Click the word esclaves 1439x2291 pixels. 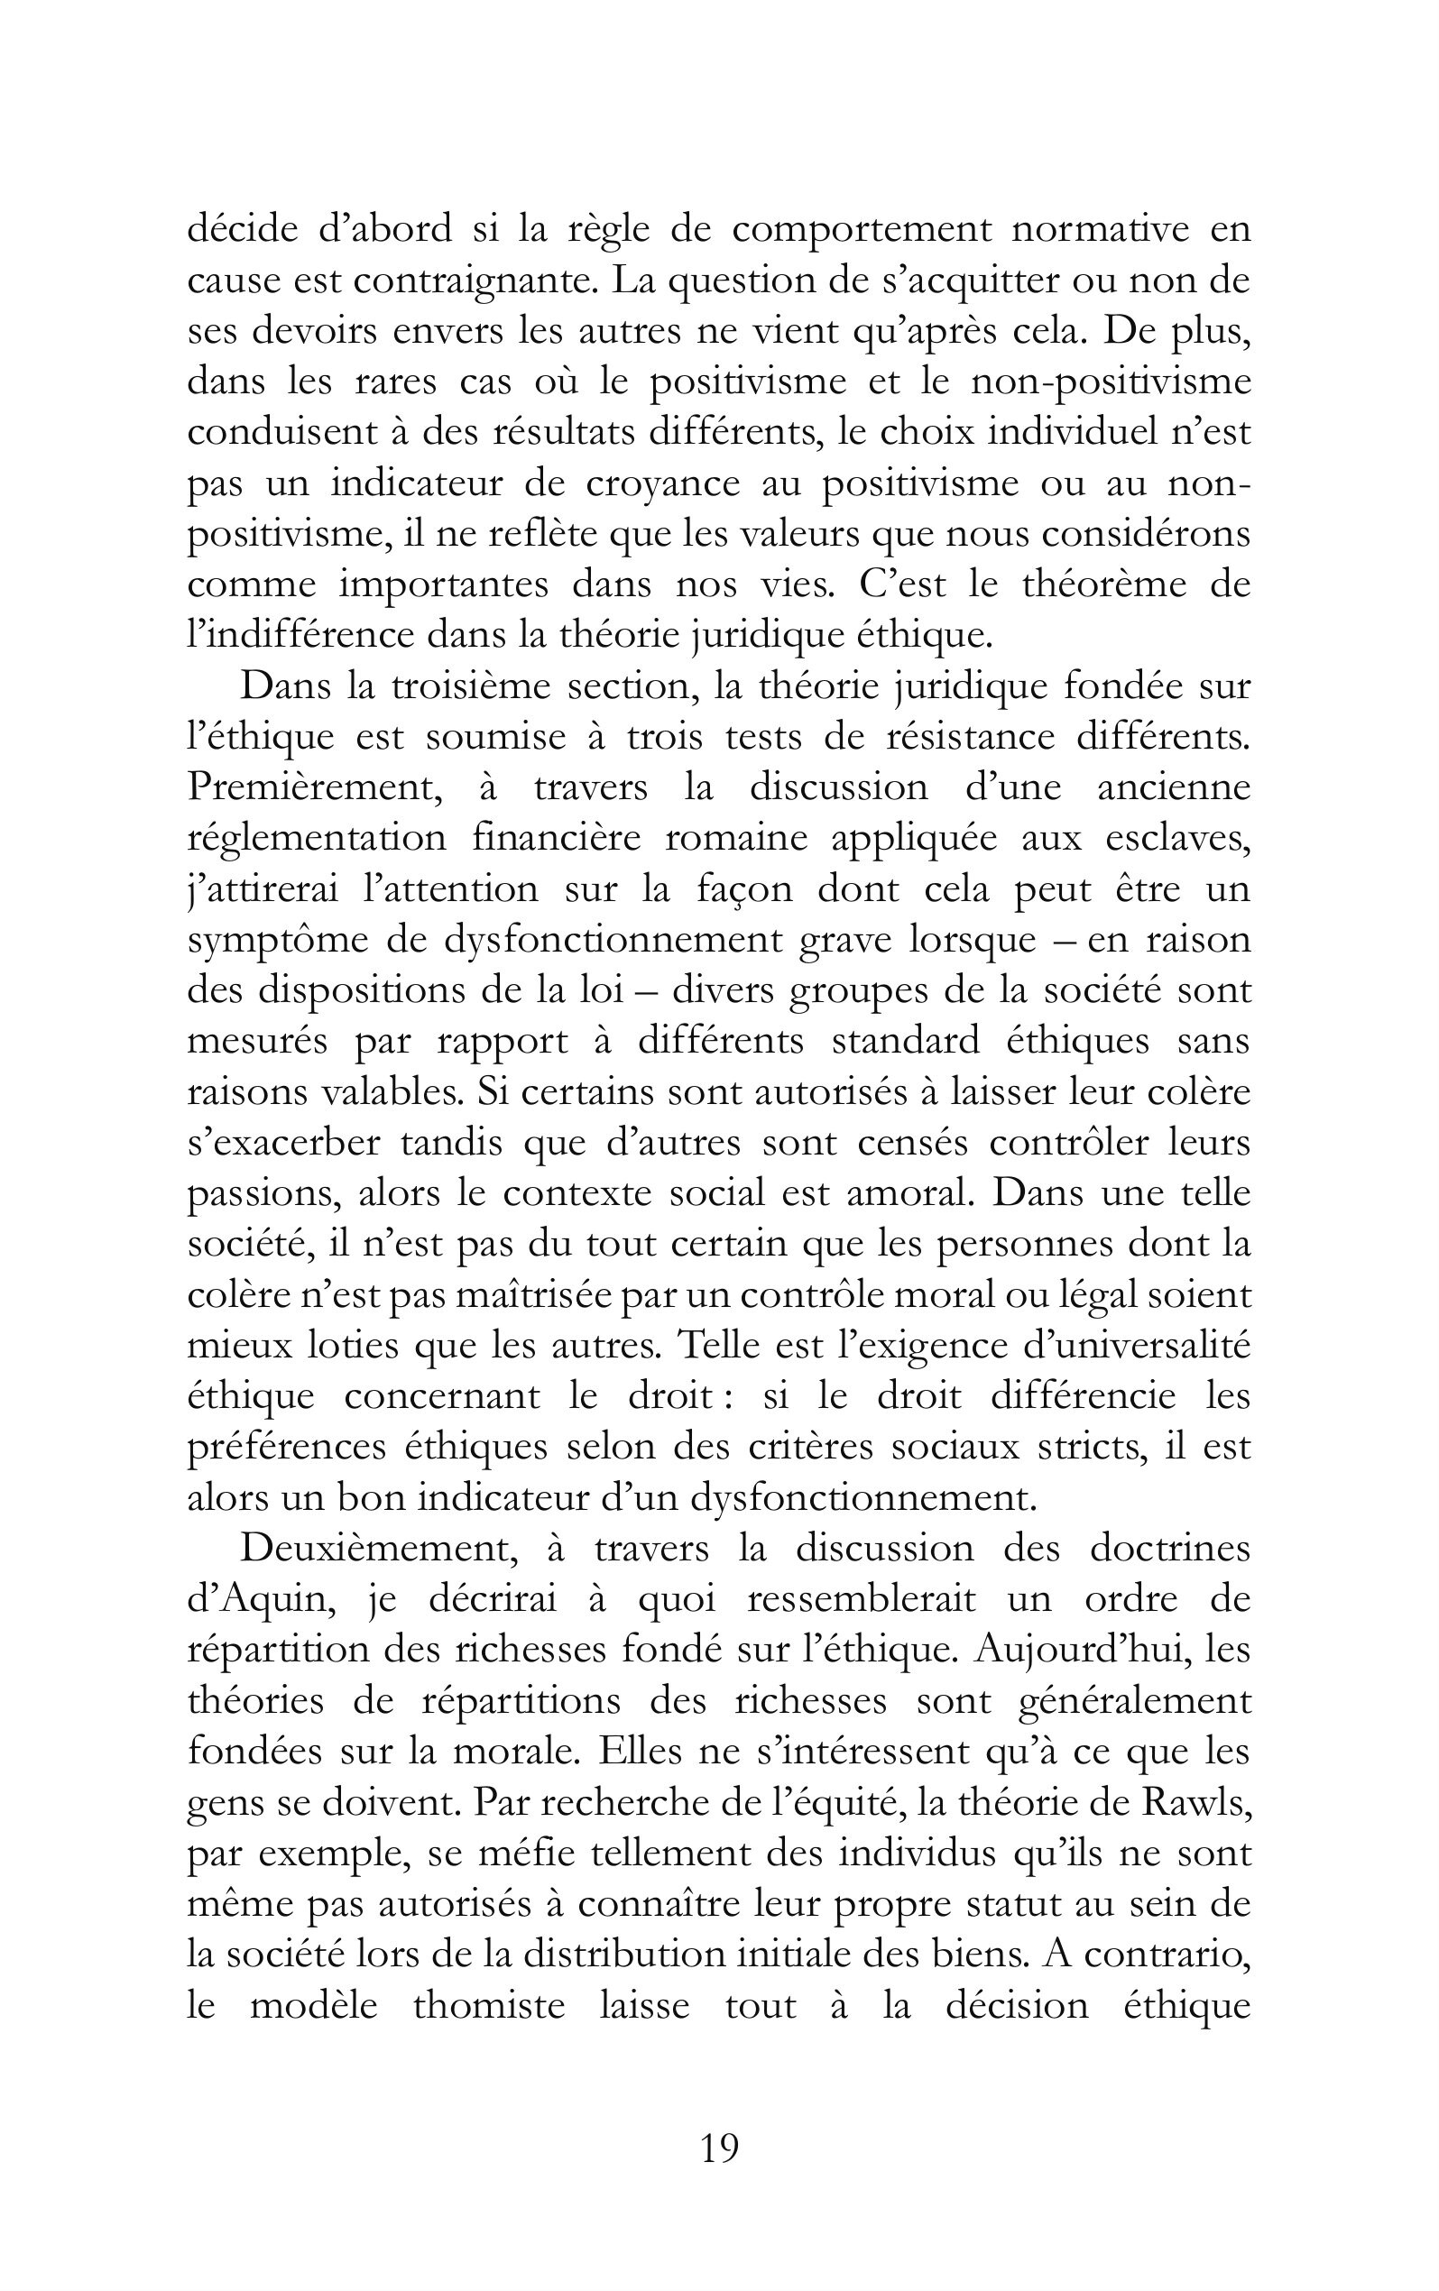1178,838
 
